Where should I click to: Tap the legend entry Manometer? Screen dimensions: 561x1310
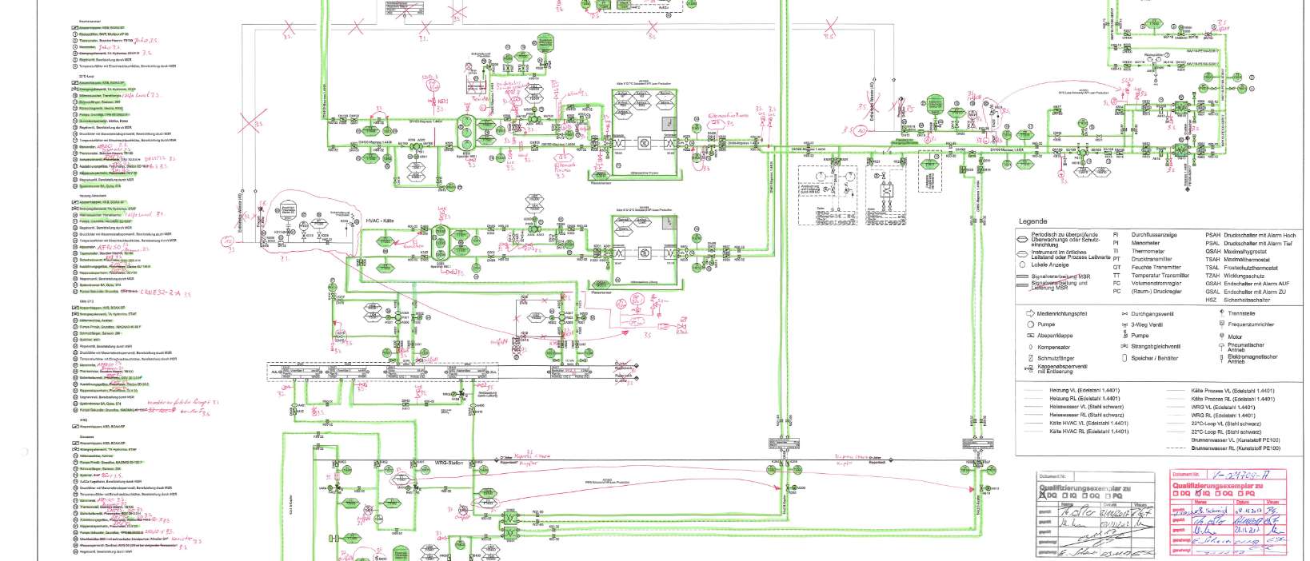tap(1148, 243)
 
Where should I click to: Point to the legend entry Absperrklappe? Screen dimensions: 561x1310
tap(1056, 336)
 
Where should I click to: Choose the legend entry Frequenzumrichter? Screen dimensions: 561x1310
tap(1256, 324)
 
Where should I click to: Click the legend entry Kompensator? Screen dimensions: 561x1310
tap(1053, 348)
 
